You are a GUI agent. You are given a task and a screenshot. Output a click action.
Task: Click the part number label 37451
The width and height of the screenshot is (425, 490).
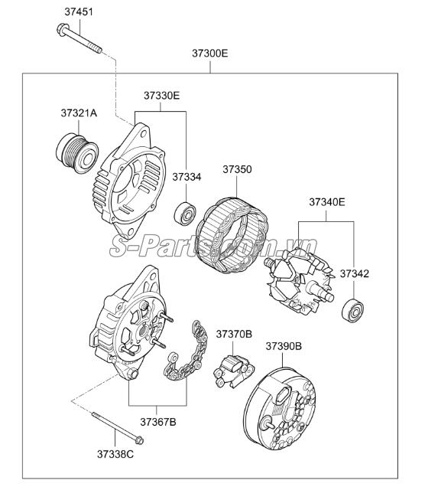pos(79,12)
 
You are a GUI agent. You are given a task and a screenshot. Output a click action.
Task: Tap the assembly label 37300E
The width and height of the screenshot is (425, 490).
pos(209,54)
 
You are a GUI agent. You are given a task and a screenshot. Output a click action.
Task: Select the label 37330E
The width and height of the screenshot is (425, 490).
pos(161,95)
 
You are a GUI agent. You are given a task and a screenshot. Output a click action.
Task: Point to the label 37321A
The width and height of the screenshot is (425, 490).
pos(79,113)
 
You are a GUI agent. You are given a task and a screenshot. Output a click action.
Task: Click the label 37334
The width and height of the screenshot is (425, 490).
pos(187,177)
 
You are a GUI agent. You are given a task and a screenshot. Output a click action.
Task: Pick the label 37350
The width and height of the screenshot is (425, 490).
pos(237,169)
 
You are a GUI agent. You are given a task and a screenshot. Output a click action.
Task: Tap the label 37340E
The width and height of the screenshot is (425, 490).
pos(327,202)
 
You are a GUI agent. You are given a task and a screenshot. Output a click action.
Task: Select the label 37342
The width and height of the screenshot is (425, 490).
pos(354,274)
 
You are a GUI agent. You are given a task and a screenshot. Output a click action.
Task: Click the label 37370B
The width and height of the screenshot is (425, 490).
pos(234,334)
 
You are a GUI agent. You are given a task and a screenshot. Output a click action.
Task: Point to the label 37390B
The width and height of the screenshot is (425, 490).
pos(284,346)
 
